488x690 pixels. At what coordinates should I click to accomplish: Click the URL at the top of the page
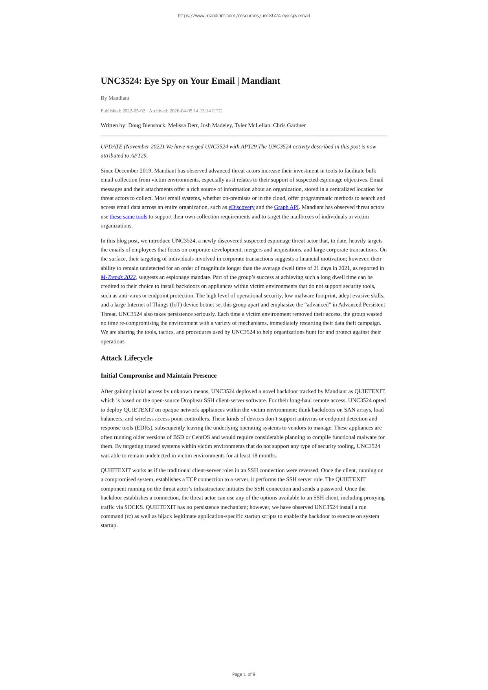point(244,16)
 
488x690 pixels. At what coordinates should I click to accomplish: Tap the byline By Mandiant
point(115,98)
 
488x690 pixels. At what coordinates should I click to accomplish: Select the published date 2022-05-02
point(134,111)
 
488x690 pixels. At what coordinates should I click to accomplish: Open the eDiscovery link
point(241,207)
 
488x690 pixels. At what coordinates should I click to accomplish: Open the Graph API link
point(286,207)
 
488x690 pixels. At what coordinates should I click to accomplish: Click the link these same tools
point(128,217)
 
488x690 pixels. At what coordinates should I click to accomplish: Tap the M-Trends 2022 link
point(118,277)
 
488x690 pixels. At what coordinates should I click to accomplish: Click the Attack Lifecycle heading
point(127,358)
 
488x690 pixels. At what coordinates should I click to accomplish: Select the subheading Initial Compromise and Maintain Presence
point(158,376)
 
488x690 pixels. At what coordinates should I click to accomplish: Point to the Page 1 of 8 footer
point(244,674)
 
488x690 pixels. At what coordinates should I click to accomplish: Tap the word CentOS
point(200,437)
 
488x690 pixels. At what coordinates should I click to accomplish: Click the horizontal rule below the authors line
point(244,136)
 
